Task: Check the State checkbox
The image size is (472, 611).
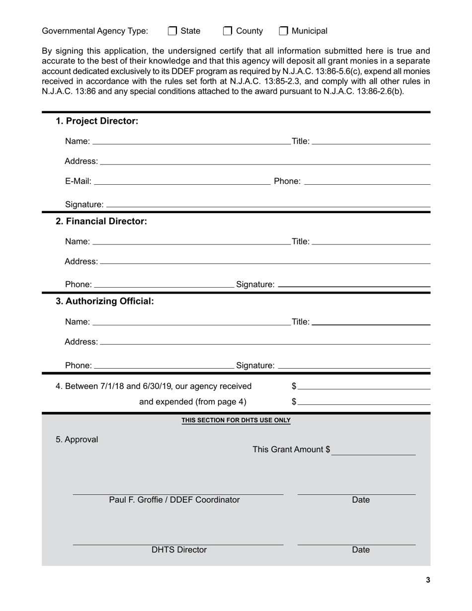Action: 172,31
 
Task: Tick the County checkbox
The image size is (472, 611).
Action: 228,31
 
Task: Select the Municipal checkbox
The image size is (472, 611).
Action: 283,31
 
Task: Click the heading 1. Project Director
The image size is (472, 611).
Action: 97,121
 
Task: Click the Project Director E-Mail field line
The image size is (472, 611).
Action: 182,181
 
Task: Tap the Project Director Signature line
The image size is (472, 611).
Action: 268,204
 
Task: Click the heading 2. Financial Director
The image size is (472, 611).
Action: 101,221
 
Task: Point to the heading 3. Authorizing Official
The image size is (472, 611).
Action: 105,302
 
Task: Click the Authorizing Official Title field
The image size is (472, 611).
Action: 371,321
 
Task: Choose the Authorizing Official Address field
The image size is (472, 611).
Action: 265,341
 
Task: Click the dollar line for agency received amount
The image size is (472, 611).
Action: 364,386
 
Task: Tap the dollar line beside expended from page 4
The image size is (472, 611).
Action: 364,401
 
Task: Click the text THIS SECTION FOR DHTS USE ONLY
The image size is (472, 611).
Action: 236,420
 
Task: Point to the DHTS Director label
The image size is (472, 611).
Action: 179,550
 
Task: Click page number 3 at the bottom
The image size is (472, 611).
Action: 428,580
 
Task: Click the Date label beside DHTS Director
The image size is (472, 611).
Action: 361,550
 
